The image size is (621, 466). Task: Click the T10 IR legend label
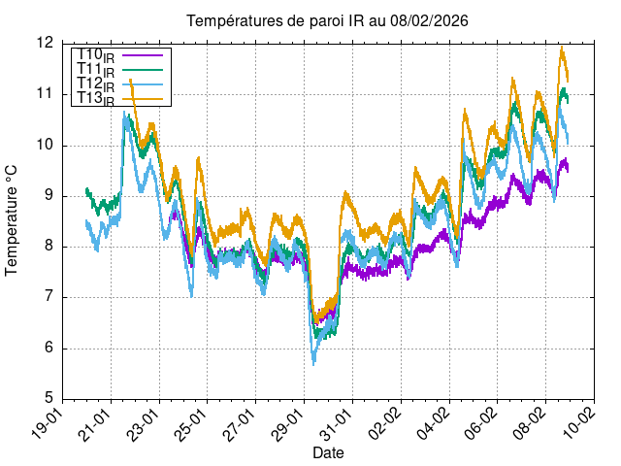click(95, 56)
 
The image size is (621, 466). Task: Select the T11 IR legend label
click(95, 70)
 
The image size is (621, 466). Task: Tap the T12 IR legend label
click(95, 84)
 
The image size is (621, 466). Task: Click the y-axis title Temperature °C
click(13, 219)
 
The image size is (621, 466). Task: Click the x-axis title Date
click(328, 452)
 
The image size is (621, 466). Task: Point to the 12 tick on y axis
click(45, 44)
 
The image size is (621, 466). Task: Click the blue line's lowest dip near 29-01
click(313, 363)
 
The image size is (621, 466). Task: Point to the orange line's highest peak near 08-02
click(561, 48)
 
